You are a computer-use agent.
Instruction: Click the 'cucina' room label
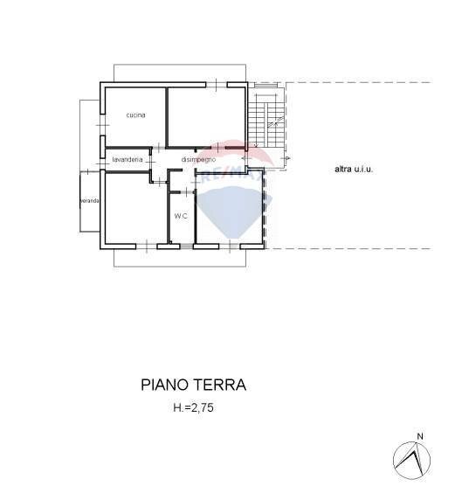coord(134,115)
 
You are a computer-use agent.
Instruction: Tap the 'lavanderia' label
coord(128,159)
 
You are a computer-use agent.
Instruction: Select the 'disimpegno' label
coord(198,159)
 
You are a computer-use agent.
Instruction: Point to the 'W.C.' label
coord(181,215)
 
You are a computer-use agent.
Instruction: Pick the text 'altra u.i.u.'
coord(353,169)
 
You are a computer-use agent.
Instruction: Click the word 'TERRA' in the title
coord(221,385)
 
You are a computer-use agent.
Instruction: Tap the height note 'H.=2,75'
coord(194,407)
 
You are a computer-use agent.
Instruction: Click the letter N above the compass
coord(420,436)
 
